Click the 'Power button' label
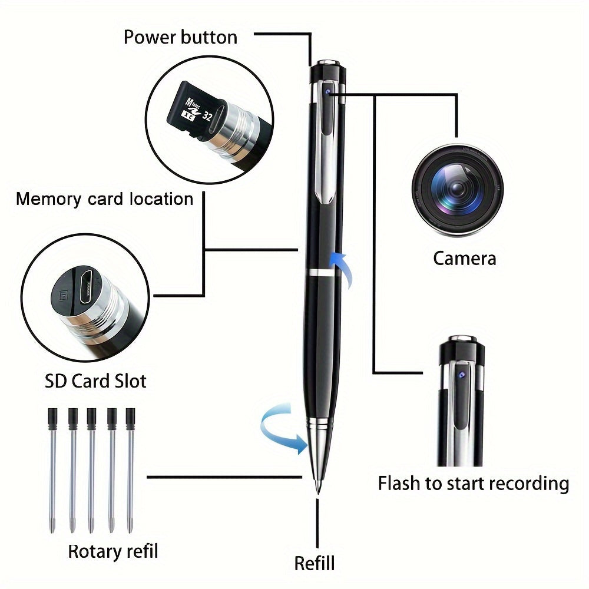pos(180,37)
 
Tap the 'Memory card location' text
pos(104,198)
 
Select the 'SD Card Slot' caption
pos(95,381)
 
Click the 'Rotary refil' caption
pos(113,551)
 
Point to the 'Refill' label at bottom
pos(315,562)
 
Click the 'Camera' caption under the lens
pos(465,258)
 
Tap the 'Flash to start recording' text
pos(473,484)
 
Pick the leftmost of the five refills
pos(52,465)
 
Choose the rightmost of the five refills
pos(130,465)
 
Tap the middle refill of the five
pos(91,465)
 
